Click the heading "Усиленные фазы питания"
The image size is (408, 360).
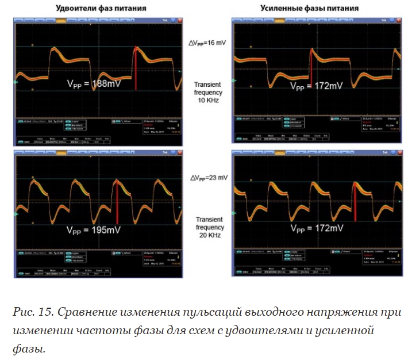coord(317,9)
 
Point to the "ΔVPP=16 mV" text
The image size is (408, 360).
coord(209,43)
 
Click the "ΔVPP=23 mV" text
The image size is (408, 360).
coord(209,178)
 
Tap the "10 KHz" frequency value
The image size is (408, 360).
coord(209,99)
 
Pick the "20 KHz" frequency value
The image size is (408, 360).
coord(209,235)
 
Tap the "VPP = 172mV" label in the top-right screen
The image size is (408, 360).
coord(316,86)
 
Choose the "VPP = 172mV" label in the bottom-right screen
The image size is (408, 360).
coord(316,228)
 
